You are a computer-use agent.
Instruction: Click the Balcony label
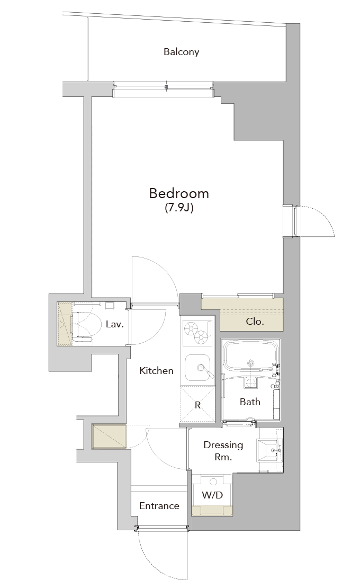pyautogui.click(x=181, y=52)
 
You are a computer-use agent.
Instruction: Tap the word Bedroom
pyautogui.click(x=179, y=193)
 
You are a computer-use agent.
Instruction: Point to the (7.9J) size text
pyautogui.click(x=179, y=208)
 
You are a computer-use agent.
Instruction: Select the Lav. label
pyautogui.click(x=115, y=324)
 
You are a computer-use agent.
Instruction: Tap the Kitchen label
pyautogui.click(x=157, y=371)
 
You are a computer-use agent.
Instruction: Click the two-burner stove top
pyautogui.click(x=198, y=333)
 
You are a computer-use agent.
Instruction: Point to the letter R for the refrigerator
pyautogui.click(x=198, y=405)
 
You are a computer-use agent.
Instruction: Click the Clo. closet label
pyautogui.click(x=255, y=322)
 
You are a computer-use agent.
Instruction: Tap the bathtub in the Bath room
pyautogui.click(x=251, y=358)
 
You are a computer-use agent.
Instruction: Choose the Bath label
pyautogui.click(x=250, y=402)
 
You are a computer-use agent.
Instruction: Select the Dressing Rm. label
pyautogui.click(x=223, y=451)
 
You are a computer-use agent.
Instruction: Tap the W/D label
pyautogui.click(x=212, y=495)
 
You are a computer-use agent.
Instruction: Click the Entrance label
pyautogui.click(x=159, y=506)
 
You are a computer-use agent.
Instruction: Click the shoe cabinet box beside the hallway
pyautogui.click(x=109, y=436)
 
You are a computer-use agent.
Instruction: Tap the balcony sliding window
pyautogui.click(x=164, y=87)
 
